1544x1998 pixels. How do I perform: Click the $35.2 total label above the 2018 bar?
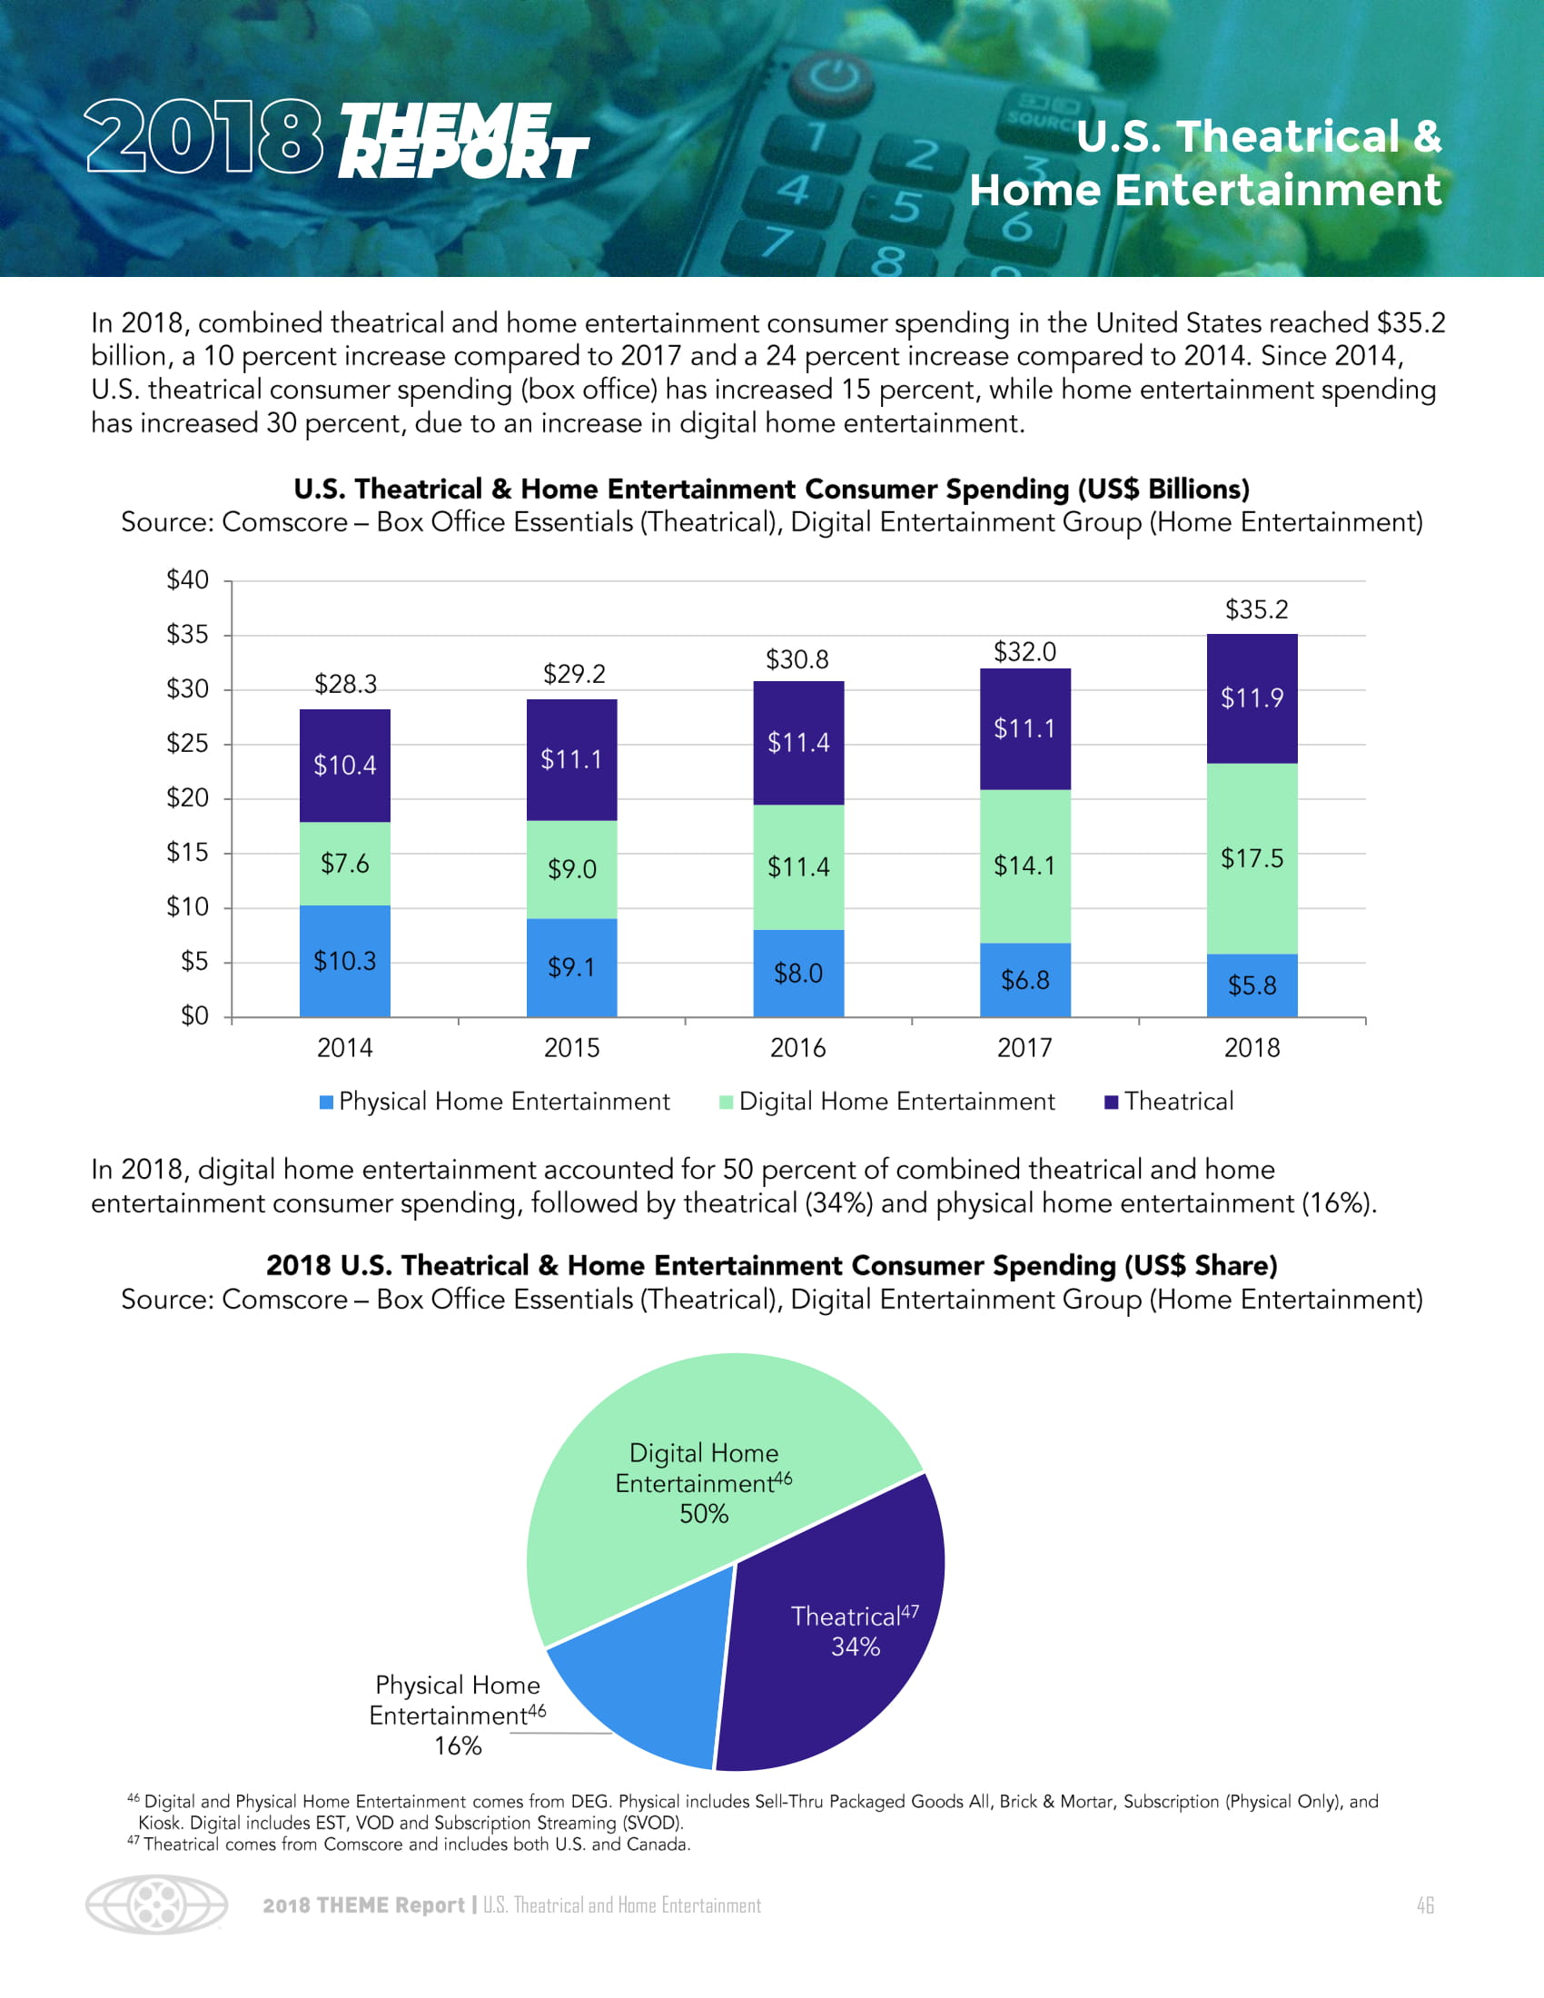click(1256, 609)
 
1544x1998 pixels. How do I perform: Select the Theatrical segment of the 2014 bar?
click(345, 765)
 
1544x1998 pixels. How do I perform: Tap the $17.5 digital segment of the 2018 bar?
click(1252, 858)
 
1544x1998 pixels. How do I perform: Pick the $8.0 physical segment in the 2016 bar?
click(797, 974)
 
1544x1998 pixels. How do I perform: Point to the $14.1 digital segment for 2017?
click(1024, 865)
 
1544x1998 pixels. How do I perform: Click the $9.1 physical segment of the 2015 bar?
click(571, 967)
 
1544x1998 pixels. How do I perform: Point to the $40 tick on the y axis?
click(187, 580)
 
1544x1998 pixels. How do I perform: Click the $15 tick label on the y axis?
click(187, 853)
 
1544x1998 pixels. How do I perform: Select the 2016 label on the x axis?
click(797, 1048)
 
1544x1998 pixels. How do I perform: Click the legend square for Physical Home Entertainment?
click(326, 1103)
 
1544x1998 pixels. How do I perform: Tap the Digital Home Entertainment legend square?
click(727, 1103)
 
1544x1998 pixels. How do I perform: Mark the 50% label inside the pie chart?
click(703, 1514)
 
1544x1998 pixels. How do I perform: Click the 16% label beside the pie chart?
click(458, 1746)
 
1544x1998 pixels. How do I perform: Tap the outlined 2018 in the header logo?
click(204, 137)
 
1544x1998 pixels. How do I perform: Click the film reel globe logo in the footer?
click(156, 1904)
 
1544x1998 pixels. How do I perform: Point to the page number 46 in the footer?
click(1424, 1905)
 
